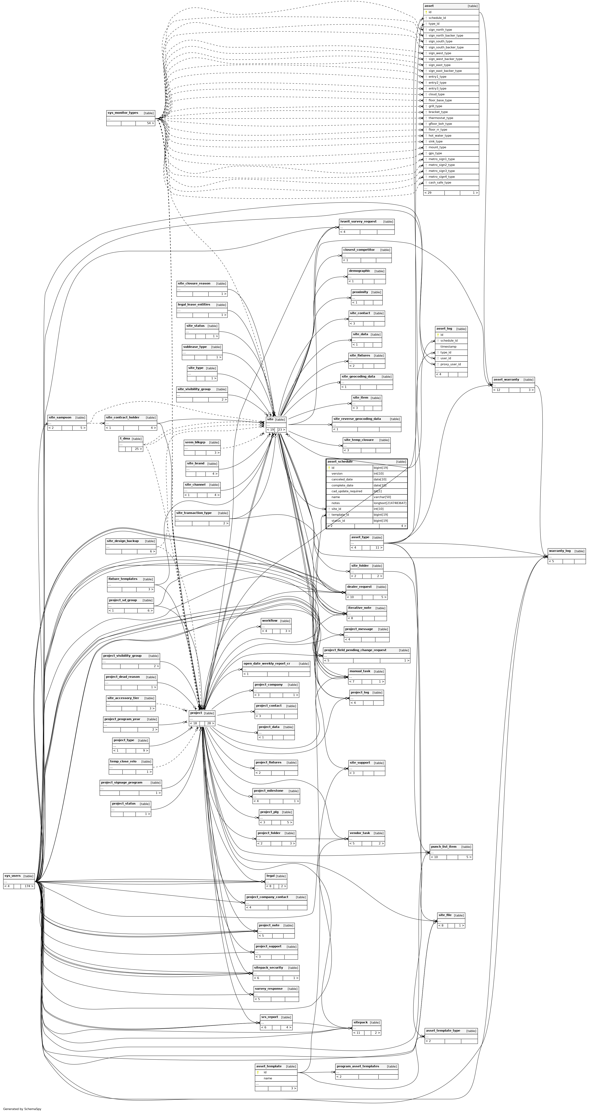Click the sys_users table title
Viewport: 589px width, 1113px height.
pyautogui.click(x=12, y=876)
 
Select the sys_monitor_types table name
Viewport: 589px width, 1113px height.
pyautogui.click(x=123, y=113)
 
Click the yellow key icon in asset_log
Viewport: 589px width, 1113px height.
pyautogui.click(x=438, y=335)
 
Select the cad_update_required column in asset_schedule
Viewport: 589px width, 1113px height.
pyautogui.click(x=347, y=491)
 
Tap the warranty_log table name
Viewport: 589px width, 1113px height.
pyautogui.click(x=560, y=551)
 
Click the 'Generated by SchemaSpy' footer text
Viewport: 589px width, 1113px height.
pyautogui.click(x=22, y=1109)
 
